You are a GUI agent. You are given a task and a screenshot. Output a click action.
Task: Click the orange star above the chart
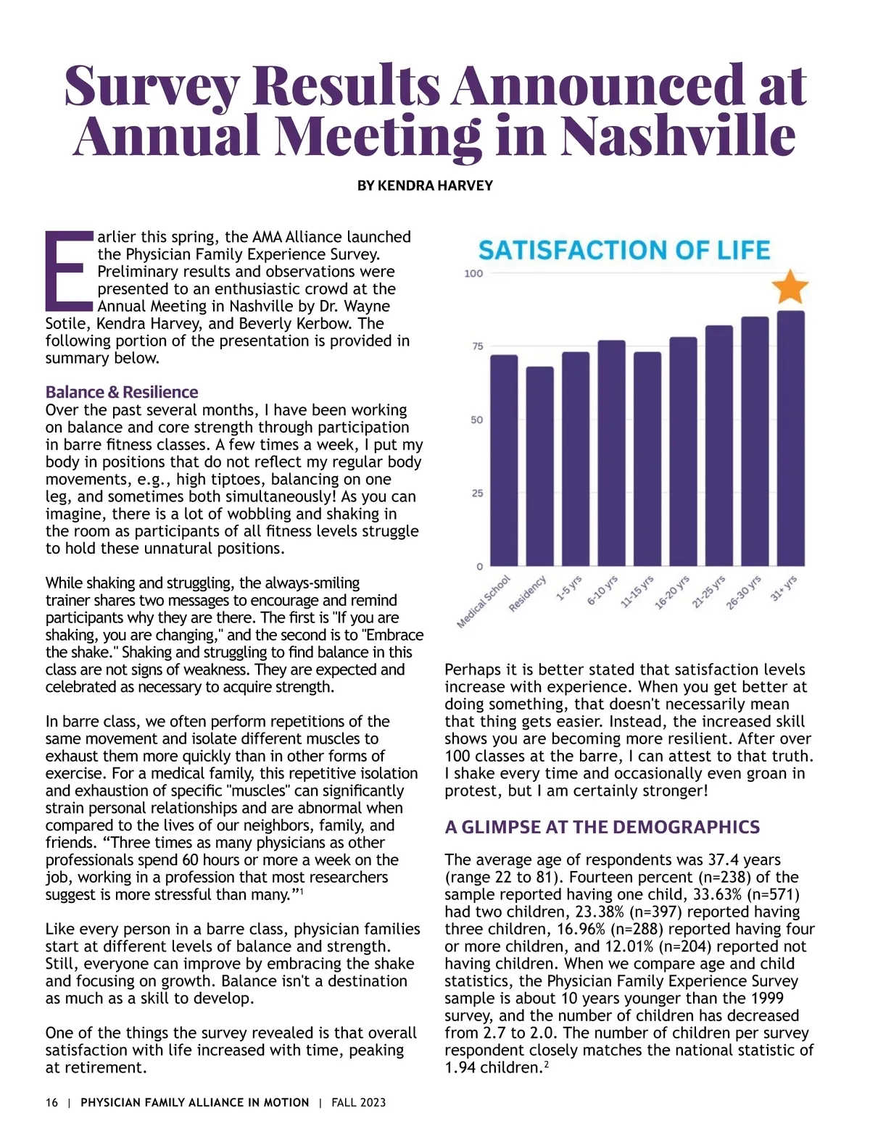click(x=790, y=287)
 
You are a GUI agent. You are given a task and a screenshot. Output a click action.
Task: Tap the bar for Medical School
click(x=504, y=460)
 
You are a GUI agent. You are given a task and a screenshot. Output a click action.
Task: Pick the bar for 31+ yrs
click(x=790, y=438)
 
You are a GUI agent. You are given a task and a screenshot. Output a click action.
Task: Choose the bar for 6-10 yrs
click(x=611, y=453)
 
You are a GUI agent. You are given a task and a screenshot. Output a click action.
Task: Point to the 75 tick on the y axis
click(x=476, y=346)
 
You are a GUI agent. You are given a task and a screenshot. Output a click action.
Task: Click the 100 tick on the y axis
click(x=473, y=273)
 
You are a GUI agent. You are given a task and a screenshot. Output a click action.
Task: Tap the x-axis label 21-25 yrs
click(x=708, y=592)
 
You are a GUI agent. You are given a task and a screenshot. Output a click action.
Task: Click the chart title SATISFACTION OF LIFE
click(x=623, y=251)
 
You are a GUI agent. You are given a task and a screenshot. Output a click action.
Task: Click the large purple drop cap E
click(x=69, y=269)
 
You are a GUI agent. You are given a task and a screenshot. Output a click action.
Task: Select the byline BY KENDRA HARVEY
click(x=425, y=186)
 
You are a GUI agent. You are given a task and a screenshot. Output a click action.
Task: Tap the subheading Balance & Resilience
click(x=121, y=392)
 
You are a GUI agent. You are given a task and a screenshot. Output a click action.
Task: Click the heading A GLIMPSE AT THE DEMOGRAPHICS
click(x=602, y=827)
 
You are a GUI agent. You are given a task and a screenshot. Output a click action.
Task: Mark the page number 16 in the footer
click(x=51, y=1102)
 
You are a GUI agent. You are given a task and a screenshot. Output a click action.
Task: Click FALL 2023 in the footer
click(x=359, y=1102)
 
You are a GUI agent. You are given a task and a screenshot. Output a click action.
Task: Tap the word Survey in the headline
click(x=152, y=85)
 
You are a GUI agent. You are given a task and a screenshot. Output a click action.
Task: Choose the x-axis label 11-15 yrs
click(x=637, y=592)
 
